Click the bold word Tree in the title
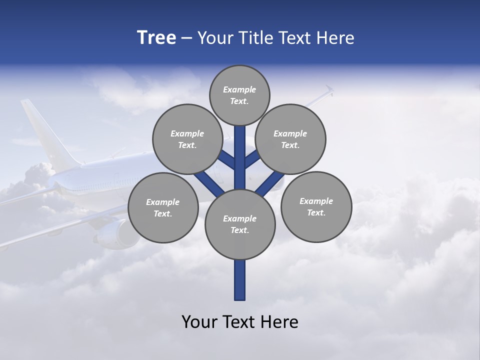tap(156, 38)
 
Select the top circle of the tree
tap(239, 95)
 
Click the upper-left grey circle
tap(187, 139)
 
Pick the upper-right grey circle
tap(290, 139)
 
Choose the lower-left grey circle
tap(163, 207)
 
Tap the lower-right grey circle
tap(316, 206)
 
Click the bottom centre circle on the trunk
tap(240, 224)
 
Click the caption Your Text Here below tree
tap(240, 321)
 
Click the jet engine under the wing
tap(117, 234)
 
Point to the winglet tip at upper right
tap(328, 90)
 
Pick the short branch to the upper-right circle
tap(252, 159)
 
